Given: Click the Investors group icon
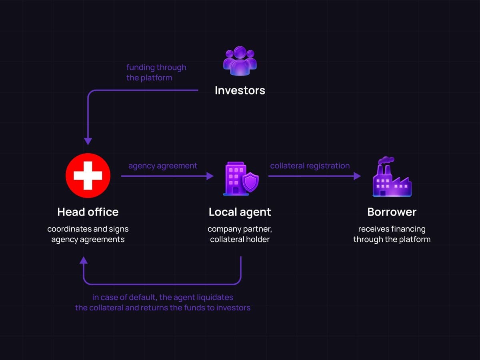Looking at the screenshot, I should [240, 61].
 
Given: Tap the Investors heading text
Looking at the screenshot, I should [240, 90].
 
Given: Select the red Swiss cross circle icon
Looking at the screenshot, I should [88, 176].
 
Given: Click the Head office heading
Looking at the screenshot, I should [88, 212].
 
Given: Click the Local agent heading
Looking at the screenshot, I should [240, 212].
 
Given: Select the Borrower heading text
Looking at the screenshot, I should [392, 212].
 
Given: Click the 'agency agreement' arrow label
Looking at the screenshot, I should [163, 166].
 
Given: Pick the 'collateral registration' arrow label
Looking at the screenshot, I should [310, 166].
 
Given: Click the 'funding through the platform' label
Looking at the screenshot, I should [156, 72].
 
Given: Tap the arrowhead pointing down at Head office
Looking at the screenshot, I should [88, 142].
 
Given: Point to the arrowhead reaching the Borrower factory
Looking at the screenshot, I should [358, 176].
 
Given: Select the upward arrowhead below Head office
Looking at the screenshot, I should [84, 260].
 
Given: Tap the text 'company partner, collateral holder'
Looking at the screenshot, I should [240, 234].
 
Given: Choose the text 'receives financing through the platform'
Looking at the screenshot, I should [392, 234].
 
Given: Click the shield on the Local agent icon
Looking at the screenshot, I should [251, 182].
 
